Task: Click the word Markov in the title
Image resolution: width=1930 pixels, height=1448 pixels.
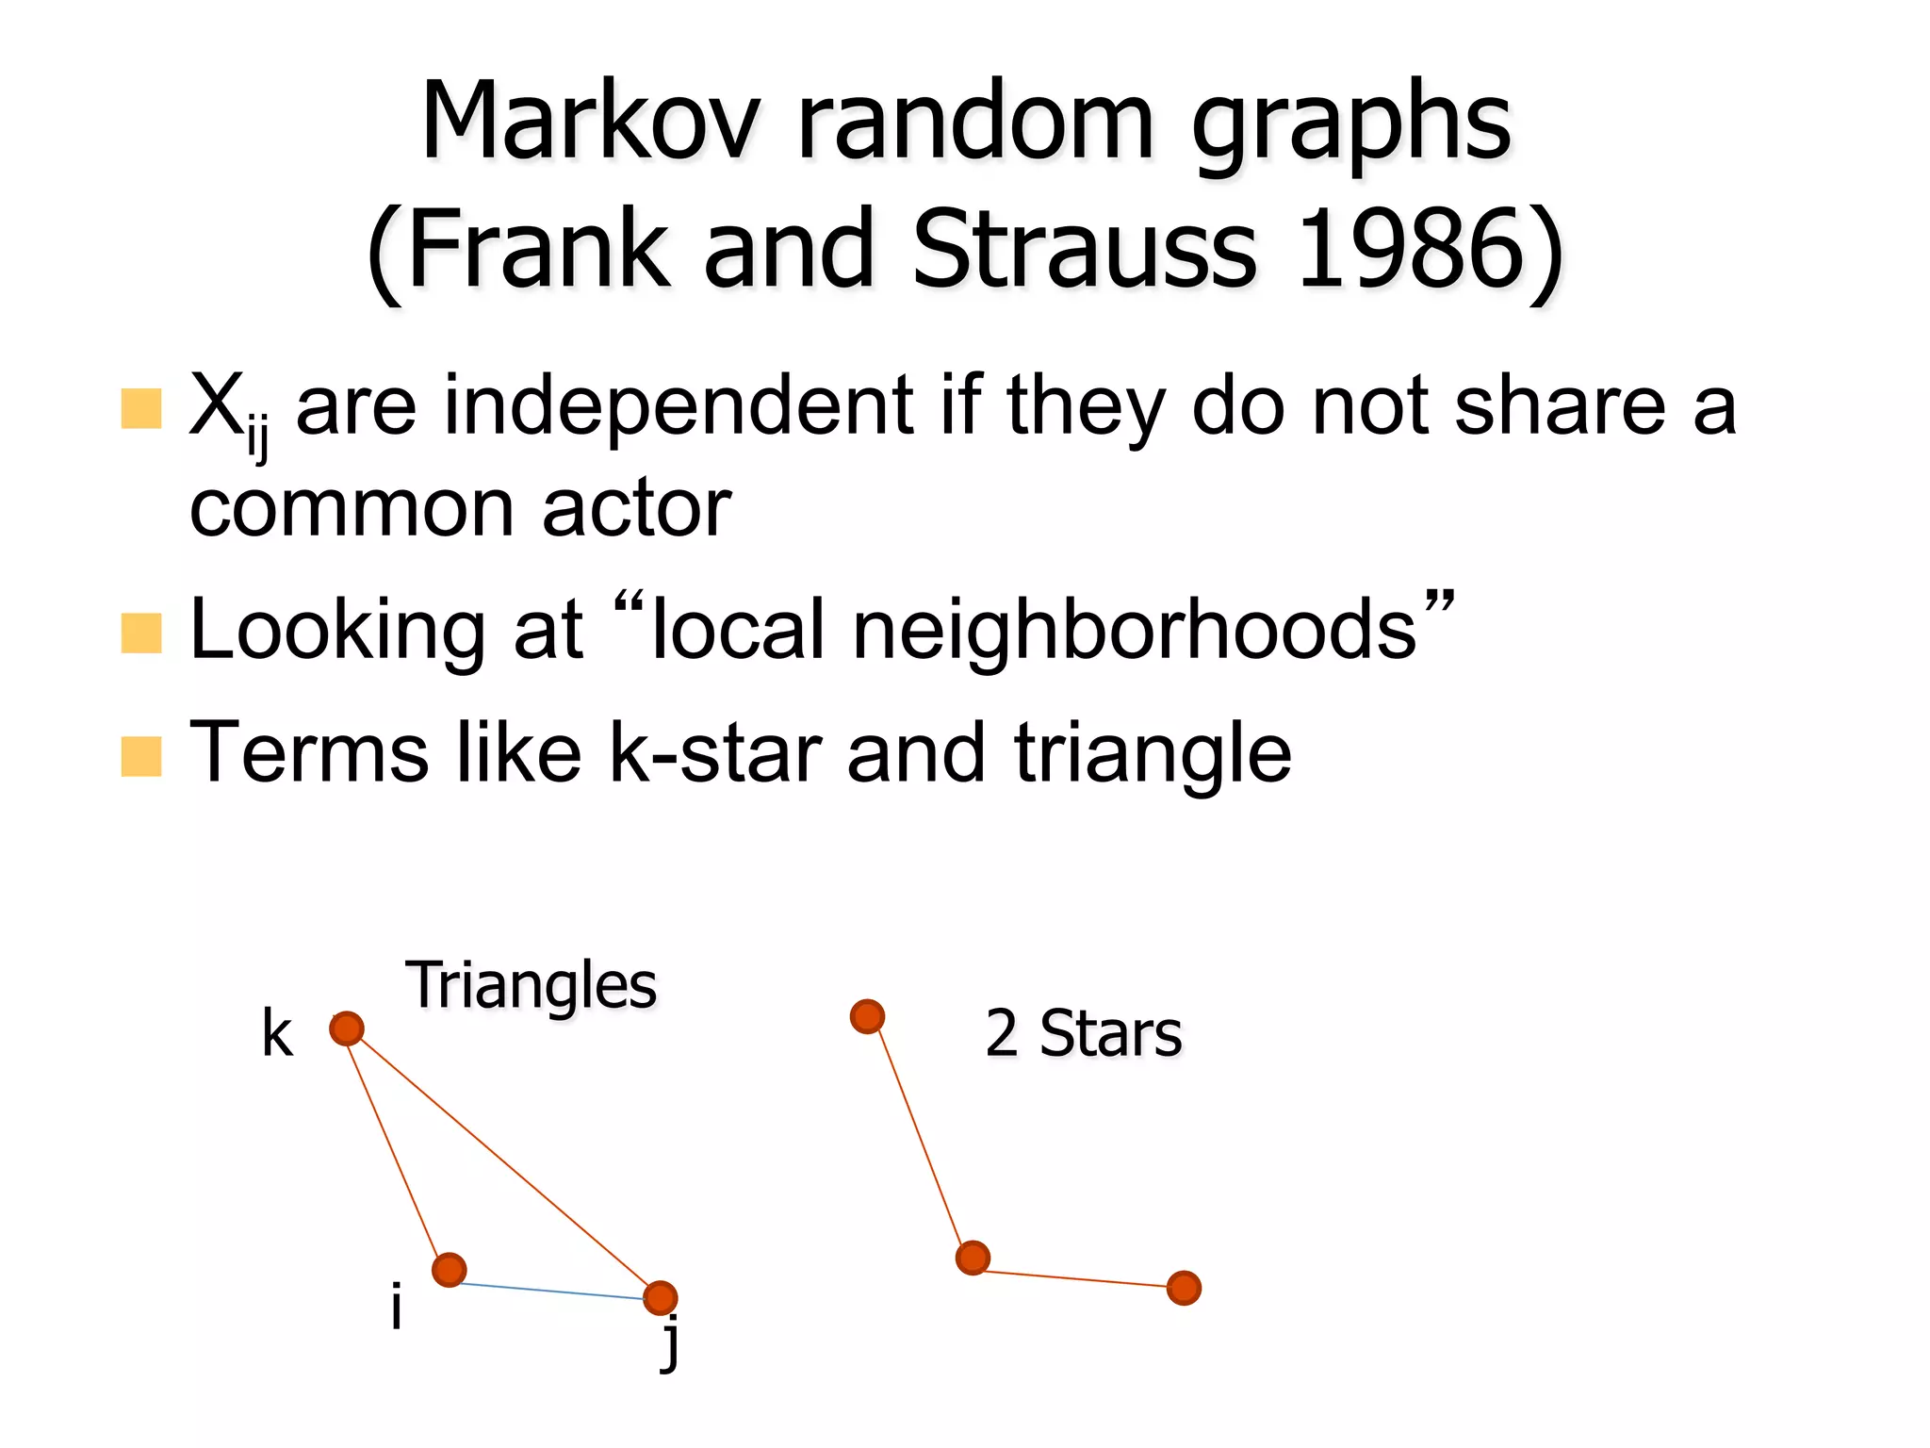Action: (x=590, y=123)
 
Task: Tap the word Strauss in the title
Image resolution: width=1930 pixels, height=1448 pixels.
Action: (x=1084, y=250)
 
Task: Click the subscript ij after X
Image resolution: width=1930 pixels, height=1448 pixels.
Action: (x=257, y=439)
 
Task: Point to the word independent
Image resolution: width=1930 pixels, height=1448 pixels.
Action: (x=679, y=407)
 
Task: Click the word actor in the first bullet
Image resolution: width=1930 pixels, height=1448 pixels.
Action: (x=636, y=510)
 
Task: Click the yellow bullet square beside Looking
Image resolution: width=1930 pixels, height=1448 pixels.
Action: (x=142, y=633)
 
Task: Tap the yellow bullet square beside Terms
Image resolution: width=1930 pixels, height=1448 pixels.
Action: (x=142, y=756)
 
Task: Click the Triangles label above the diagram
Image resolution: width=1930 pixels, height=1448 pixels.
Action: (x=531, y=986)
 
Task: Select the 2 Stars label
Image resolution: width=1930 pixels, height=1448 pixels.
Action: (x=1083, y=1034)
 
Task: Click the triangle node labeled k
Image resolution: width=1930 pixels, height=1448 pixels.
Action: (x=347, y=1028)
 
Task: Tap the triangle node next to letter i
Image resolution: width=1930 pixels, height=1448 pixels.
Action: (x=450, y=1270)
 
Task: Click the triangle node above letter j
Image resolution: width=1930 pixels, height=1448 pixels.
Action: (x=661, y=1297)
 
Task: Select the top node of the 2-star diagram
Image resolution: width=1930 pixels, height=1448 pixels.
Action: (x=867, y=1016)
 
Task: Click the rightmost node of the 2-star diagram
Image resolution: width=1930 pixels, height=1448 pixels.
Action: (x=1184, y=1288)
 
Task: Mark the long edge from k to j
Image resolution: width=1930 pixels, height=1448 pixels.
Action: (x=504, y=1163)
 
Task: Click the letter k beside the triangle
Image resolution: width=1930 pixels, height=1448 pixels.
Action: (x=277, y=1034)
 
